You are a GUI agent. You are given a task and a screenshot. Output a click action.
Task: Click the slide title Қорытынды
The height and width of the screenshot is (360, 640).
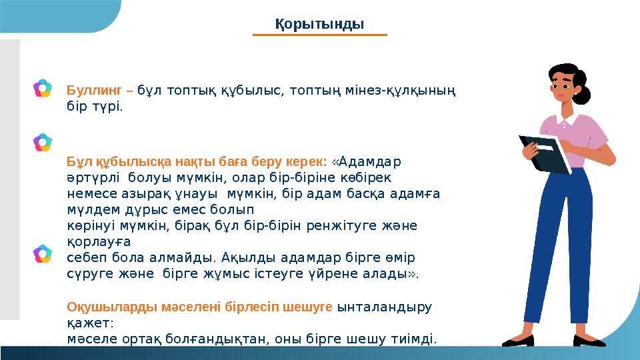tap(320, 24)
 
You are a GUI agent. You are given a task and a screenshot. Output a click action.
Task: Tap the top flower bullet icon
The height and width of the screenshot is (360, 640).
tap(43, 88)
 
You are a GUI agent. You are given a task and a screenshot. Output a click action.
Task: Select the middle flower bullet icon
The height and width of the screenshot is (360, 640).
tap(43, 141)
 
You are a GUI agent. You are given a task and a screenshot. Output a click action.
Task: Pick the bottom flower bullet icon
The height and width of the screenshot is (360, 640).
tap(43, 254)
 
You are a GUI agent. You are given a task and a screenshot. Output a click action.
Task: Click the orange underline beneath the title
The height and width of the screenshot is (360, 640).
tap(321, 35)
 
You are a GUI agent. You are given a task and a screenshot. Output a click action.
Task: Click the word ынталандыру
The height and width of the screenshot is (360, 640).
tap(385, 307)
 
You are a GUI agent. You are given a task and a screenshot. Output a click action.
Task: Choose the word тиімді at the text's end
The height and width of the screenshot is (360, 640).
tap(417, 339)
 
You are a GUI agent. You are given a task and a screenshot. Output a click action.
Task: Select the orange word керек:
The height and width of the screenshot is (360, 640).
tap(306, 161)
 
